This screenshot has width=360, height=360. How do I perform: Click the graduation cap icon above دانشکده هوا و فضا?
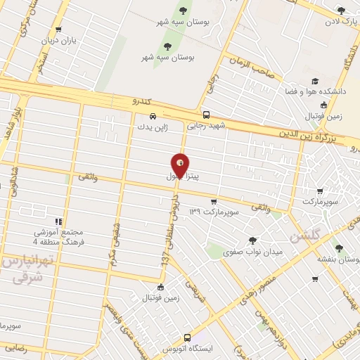coord(316,82)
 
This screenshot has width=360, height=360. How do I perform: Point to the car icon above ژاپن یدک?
coord(153,117)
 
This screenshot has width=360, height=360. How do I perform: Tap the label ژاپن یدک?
coord(153,128)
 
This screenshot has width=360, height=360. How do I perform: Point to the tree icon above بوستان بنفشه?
coord(340,248)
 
